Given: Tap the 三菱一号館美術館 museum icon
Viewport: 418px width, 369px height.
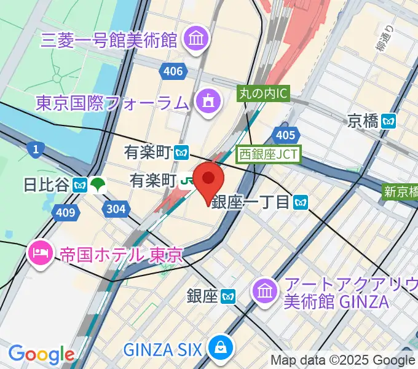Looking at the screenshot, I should pyautogui.click(x=198, y=41).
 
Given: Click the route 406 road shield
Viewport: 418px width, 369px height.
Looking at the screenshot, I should pyautogui.click(x=173, y=71).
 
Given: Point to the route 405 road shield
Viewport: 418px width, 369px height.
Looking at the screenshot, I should pyautogui.click(x=285, y=135).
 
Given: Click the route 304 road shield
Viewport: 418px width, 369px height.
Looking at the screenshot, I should pyautogui.click(x=116, y=209).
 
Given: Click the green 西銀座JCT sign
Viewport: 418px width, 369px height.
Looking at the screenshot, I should pyautogui.click(x=269, y=154).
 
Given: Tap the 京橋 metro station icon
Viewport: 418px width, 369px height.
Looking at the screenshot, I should pyautogui.click(x=388, y=121).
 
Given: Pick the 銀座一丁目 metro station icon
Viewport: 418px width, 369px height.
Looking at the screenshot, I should pyautogui.click(x=300, y=201).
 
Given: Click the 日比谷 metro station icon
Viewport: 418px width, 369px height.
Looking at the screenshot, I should pyautogui.click(x=79, y=184).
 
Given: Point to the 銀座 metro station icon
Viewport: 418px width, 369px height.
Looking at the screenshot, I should pyautogui.click(x=229, y=297).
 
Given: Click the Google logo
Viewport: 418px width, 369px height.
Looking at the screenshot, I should pyautogui.click(x=41, y=354).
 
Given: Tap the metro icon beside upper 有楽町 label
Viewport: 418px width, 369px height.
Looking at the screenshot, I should pyautogui.click(x=181, y=151).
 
